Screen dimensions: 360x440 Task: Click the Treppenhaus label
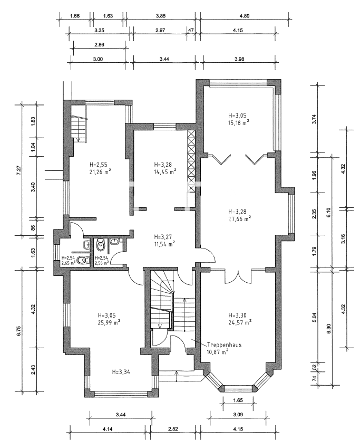tap(225, 345)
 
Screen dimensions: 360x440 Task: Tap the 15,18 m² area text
tap(239, 122)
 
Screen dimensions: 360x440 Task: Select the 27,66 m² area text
tap(239, 219)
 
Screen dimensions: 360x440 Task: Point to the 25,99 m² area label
tap(109, 322)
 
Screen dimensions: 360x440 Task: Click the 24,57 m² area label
tap(240, 322)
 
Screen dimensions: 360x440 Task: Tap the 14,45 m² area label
tap(165, 172)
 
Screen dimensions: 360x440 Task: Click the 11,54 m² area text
tap(164, 244)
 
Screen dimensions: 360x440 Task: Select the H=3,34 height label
tap(121, 372)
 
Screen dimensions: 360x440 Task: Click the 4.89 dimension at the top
tap(245, 16)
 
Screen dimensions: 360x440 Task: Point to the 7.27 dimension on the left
tap(19, 170)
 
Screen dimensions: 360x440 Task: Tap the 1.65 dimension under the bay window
tap(238, 400)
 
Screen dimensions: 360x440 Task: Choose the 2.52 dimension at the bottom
tap(173, 429)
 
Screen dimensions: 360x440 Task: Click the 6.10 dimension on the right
tap(328, 212)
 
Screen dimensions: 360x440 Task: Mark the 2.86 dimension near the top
tap(99, 45)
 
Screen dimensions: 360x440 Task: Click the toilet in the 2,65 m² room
tap(82, 261)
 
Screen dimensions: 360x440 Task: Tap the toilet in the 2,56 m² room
tap(100, 245)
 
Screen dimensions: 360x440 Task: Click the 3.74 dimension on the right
tap(314, 119)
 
